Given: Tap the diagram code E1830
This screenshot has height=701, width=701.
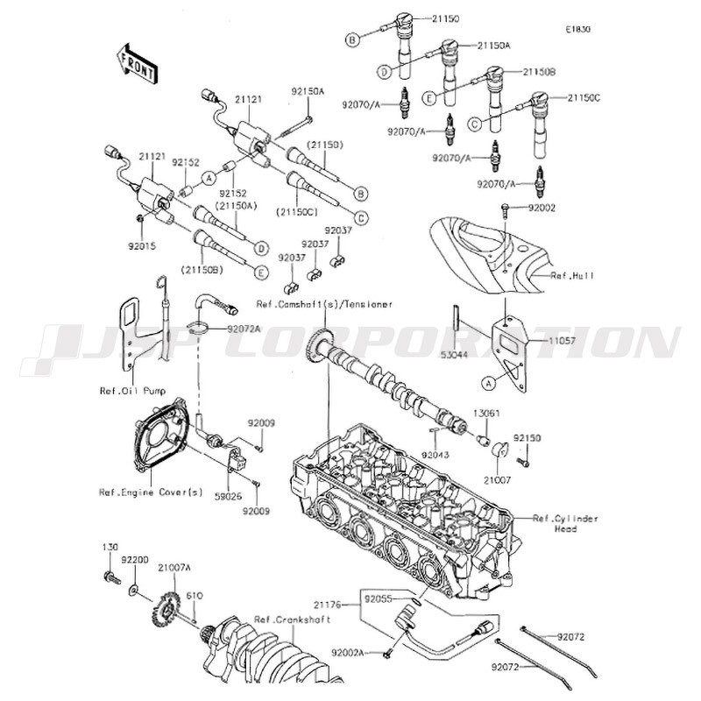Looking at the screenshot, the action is (577, 30).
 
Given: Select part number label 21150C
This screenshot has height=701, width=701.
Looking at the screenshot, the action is (584, 98).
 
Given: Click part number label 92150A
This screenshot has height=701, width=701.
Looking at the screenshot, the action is (308, 91).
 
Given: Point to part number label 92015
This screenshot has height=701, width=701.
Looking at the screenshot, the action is (142, 246).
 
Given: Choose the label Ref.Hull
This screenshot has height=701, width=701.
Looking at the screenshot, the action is (572, 275).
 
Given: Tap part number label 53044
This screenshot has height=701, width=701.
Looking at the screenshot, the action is (454, 355).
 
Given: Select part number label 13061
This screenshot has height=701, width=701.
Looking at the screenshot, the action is (485, 414).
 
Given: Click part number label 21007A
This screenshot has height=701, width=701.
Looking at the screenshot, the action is (173, 567).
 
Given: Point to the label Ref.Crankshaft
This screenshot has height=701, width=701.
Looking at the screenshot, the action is (293, 620).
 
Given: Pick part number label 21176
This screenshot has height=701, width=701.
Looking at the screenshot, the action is (327, 605).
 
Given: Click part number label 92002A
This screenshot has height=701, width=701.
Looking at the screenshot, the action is (348, 653).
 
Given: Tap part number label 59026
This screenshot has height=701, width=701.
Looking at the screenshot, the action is (228, 497).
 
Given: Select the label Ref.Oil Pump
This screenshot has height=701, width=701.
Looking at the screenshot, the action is (132, 391).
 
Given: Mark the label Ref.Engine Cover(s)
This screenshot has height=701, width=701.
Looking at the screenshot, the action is (151, 492).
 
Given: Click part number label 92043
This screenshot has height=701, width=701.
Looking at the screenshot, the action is (435, 455).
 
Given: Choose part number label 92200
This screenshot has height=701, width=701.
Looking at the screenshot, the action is (134, 559).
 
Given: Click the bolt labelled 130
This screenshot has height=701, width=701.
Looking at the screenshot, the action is (111, 578).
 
